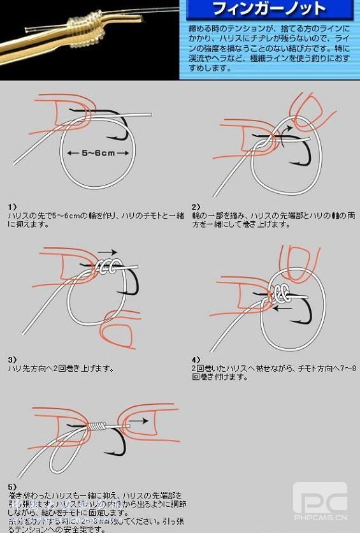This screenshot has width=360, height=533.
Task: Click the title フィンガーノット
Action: coord(268,10)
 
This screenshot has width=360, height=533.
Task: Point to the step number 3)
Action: coord(12,360)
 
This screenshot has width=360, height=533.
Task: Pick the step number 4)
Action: coord(196,360)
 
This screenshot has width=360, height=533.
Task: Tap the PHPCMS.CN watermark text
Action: coord(320,517)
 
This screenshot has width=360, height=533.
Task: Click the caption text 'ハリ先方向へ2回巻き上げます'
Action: coord(61,369)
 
